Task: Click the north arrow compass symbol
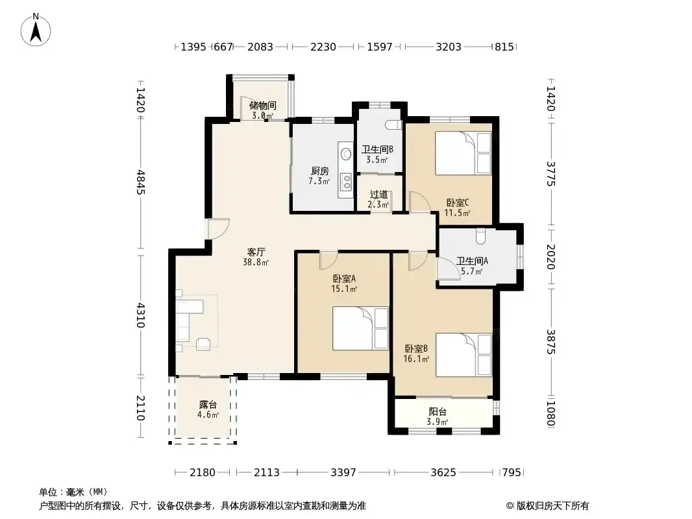click(36, 30)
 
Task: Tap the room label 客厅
click(256, 252)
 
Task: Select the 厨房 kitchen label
click(319, 171)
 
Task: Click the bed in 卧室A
click(360, 328)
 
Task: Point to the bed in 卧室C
click(463, 153)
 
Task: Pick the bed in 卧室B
click(463, 355)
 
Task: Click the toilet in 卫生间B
click(393, 125)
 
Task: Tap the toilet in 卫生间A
click(480, 236)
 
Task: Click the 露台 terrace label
click(208, 404)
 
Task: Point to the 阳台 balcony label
click(438, 411)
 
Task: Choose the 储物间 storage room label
click(263, 105)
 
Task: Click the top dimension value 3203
click(449, 47)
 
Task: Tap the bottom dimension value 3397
click(343, 473)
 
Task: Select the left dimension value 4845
click(140, 182)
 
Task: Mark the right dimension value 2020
click(551, 257)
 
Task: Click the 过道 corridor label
click(379, 195)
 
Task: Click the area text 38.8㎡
click(256, 263)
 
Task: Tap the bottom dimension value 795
click(512, 473)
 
